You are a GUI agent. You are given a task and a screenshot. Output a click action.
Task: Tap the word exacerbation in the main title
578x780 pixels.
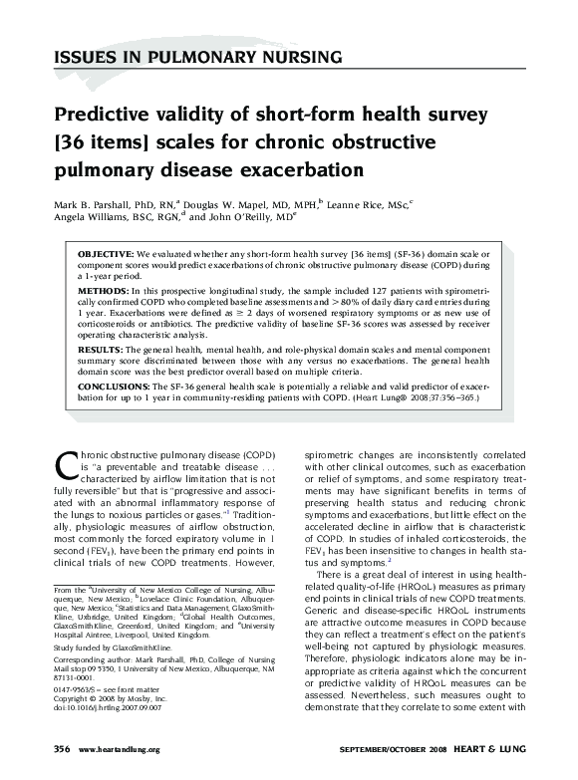point(297,166)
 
